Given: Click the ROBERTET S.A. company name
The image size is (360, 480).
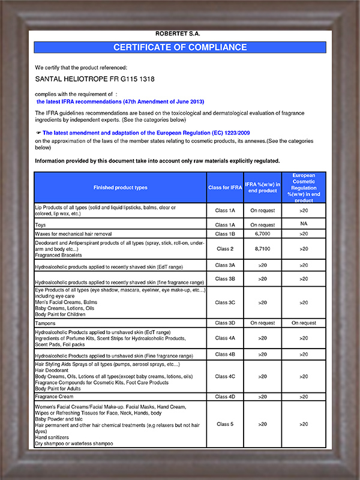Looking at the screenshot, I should click(179, 35).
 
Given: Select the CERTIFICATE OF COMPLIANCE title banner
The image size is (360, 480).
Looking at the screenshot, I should click(180, 47).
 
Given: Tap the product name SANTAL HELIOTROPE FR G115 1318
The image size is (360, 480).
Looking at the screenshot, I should click(86, 79).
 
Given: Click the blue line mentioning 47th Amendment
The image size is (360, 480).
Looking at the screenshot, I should click(121, 102).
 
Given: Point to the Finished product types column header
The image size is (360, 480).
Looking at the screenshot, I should click(120, 188).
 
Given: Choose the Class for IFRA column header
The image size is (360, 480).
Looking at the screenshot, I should click(225, 188).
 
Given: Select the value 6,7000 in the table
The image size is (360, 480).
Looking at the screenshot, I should click(262, 233).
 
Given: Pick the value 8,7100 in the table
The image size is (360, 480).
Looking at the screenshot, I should click(262, 248).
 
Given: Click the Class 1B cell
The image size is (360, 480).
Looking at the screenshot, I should click(225, 233).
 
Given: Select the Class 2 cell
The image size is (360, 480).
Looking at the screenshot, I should click(225, 248).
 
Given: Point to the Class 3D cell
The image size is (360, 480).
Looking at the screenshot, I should click(225, 323).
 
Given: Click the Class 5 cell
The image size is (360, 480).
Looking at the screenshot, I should click(225, 424).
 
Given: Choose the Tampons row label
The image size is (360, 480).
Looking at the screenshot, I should click(46, 323).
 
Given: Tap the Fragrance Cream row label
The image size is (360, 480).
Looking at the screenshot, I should click(54, 397).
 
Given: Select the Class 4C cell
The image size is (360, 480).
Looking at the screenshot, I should click(225, 376).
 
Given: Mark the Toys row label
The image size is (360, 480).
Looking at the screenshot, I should click(41, 224).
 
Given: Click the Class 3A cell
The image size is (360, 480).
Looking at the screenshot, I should click(225, 265).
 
